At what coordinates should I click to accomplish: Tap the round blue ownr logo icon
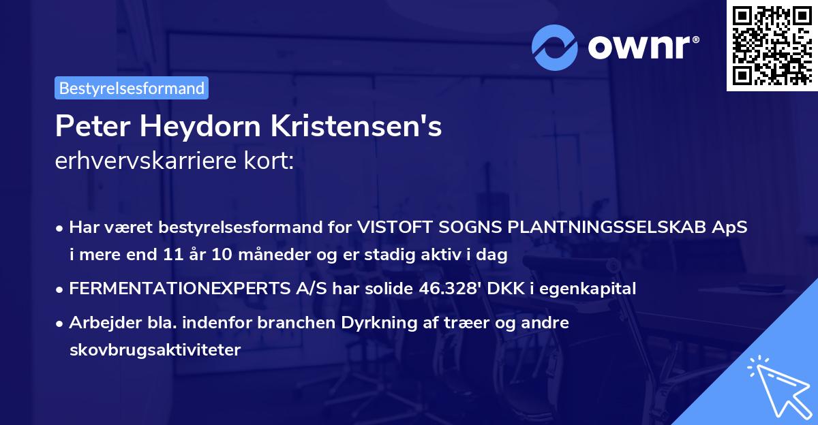[555, 47]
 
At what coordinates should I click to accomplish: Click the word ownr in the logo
[643, 46]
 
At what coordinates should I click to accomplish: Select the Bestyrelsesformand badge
[132, 88]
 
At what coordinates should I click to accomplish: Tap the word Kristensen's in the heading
[359, 127]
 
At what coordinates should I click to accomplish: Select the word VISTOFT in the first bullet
[391, 227]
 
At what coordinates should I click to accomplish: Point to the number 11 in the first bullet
[171, 255]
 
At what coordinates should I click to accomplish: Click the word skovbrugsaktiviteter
[155, 350]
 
